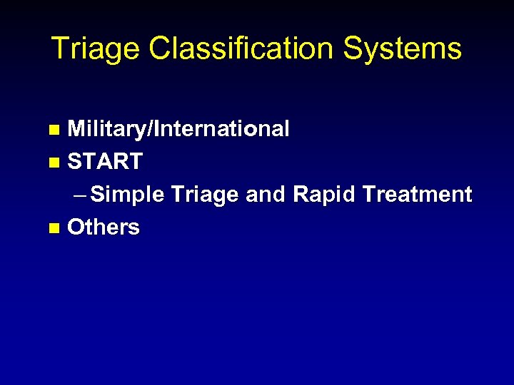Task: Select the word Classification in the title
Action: point(242,48)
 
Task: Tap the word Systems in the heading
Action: point(403,49)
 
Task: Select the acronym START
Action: point(105,162)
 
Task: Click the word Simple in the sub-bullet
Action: point(128,195)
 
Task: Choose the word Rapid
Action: point(323,195)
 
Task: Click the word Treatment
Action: point(418,195)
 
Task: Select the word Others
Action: point(104,227)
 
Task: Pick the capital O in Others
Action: point(76,227)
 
